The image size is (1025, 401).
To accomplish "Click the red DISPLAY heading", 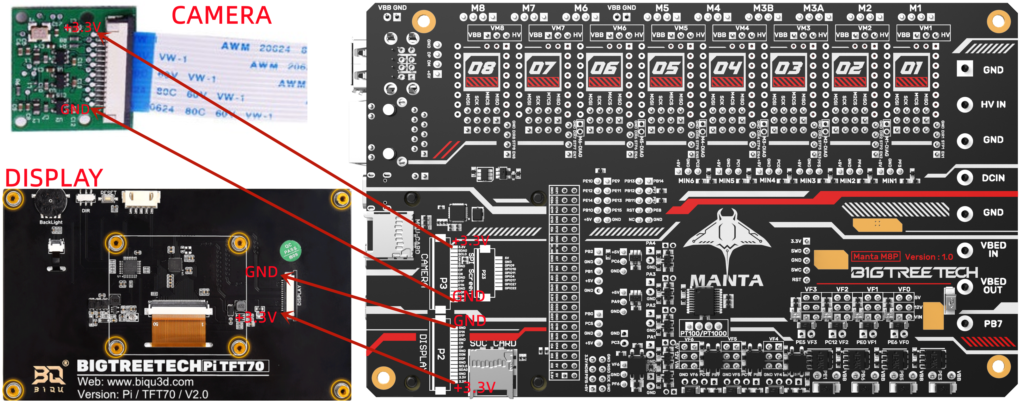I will [54, 178].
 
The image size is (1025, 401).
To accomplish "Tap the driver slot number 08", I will [482, 68].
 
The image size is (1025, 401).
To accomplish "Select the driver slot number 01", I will [911, 68].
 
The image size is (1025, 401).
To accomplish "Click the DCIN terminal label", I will [993, 178].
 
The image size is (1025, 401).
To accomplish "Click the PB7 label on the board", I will [993, 324].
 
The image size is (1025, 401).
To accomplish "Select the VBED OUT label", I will [993, 286].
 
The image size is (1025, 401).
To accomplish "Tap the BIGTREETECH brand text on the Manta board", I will [914, 273].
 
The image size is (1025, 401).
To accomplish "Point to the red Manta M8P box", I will [875, 257].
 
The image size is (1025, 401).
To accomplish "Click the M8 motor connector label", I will [478, 8].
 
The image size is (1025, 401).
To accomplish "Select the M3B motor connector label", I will [763, 8].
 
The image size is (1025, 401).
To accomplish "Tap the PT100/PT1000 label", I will [703, 333].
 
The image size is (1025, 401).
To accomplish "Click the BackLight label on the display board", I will [51, 222].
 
